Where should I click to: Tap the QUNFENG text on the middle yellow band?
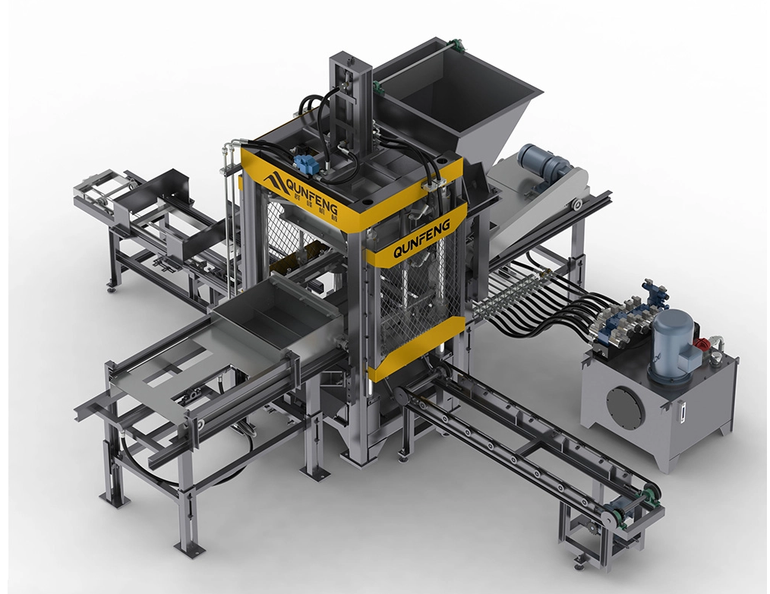click(x=422, y=239)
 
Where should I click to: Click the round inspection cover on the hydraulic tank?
click(x=626, y=407)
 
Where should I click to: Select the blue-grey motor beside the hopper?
click(x=544, y=165)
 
